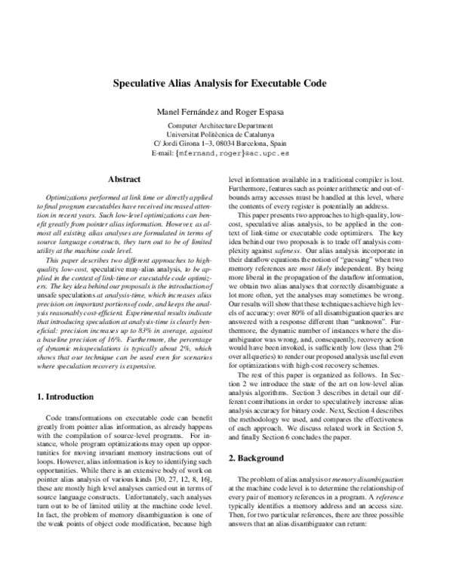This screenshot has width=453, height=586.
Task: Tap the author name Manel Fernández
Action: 187,111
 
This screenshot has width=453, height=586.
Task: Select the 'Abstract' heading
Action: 125,180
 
